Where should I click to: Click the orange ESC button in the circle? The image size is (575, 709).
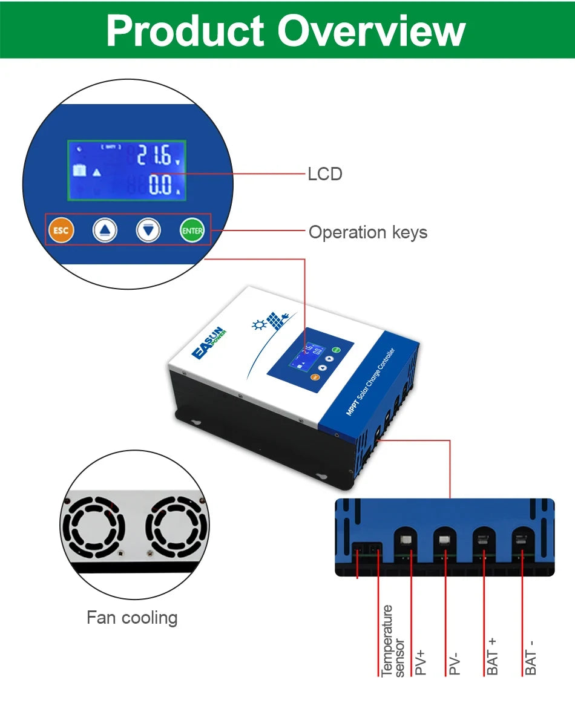tap(61, 230)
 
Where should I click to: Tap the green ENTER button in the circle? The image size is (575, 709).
tap(192, 230)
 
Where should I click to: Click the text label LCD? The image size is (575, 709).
tap(325, 174)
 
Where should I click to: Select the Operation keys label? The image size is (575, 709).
tap(368, 232)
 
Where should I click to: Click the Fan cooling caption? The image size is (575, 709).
tap(132, 618)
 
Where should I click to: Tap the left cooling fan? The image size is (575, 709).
tap(94, 526)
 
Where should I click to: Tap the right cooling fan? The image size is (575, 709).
tap(176, 526)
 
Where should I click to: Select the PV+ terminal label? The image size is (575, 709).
tap(421, 662)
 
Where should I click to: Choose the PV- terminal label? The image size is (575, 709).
tap(455, 662)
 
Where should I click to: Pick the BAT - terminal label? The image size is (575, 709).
tap(531, 656)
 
